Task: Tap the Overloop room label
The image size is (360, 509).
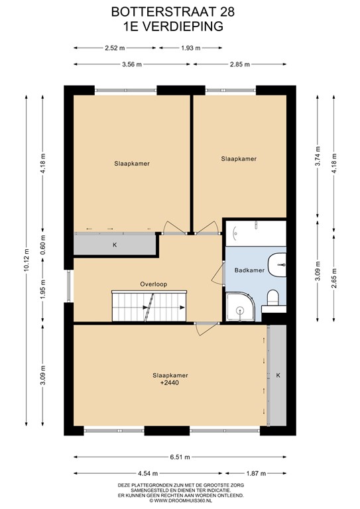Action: coord(153,284)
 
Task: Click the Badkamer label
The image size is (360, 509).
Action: coord(249,270)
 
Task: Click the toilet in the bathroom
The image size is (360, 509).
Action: coord(272,296)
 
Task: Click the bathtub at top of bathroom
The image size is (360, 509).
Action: coord(255,233)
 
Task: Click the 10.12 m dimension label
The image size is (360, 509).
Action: coord(27,260)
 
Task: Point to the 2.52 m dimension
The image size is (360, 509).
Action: coord(115,48)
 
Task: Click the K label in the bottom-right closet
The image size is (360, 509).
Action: coord(278,375)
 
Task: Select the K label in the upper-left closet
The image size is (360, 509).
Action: coord(114,245)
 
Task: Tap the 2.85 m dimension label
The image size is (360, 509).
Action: coord(239,64)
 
